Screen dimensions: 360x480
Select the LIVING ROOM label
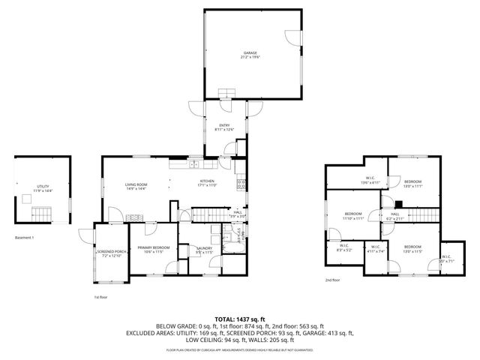tap(136, 185)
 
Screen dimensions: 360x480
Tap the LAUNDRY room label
tap(204, 249)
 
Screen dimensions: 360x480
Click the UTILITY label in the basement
tap(43, 189)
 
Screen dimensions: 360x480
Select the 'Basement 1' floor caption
tap(24, 238)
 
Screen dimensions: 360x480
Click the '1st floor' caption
tap(101, 298)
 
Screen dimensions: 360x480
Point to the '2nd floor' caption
tap(332, 280)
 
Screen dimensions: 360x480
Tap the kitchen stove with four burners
tap(241, 184)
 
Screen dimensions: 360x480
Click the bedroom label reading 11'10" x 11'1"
tap(353, 217)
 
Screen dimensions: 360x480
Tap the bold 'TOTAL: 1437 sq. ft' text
tap(240, 319)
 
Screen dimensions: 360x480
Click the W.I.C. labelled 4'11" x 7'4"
tap(375, 250)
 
